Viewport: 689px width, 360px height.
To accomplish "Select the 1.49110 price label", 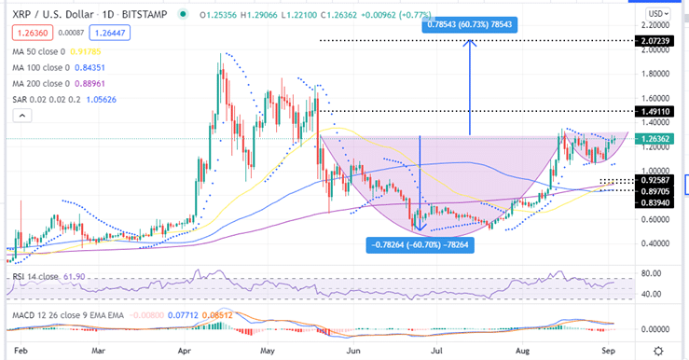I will pyautogui.click(x=651, y=111).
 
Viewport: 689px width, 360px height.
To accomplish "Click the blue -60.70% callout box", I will pyautogui.click(x=420, y=244).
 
